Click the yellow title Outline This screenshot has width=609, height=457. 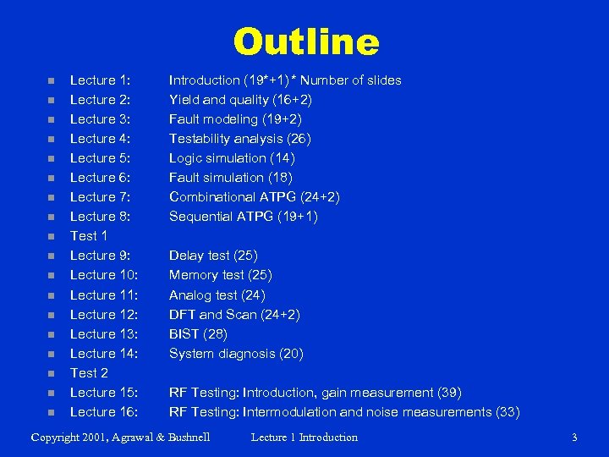click(x=305, y=42)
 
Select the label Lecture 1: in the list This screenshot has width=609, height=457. click(x=99, y=80)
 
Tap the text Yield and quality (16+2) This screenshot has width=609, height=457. click(x=240, y=100)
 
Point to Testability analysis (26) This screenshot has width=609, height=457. click(x=239, y=139)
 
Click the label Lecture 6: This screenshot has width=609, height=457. click(x=99, y=178)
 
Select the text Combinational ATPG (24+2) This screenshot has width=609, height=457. click(x=255, y=197)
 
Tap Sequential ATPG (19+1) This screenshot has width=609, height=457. click(x=243, y=217)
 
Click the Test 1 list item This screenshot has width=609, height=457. click(x=89, y=236)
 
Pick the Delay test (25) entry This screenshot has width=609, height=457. click(x=213, y=256)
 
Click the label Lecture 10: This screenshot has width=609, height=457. click(x=103, y=275)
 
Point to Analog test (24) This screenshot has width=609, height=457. click(x=217, y=295)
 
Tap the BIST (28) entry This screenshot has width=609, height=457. click(x=198, y=334)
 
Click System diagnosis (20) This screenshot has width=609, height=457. click(x=236, y=354)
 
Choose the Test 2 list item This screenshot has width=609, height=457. click(x=89, y=373)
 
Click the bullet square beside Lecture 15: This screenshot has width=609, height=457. click(x=51, y=394)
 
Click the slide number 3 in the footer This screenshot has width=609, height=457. click(x=574, y=438)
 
